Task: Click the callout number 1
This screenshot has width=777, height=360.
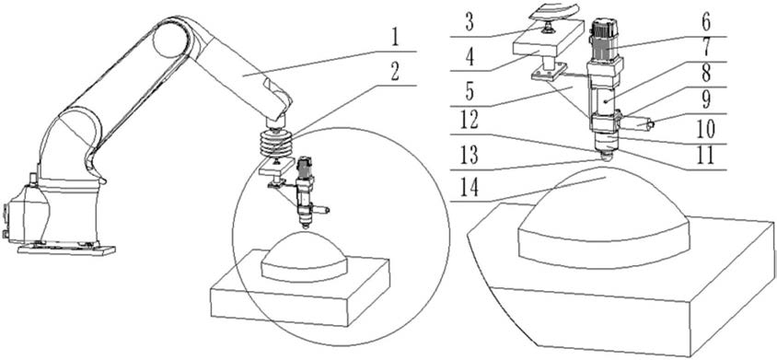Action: point(394,39)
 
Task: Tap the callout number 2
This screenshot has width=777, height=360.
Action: point(394,73)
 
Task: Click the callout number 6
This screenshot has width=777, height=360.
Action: point(706,24)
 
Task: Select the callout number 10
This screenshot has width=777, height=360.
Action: point(706,130)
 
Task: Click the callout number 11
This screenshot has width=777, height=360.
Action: point(706,156)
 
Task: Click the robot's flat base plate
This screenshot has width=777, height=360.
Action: point(66,249)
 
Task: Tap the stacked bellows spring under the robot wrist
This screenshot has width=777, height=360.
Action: point(275,143)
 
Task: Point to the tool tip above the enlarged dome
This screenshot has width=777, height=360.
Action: point(606,157)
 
